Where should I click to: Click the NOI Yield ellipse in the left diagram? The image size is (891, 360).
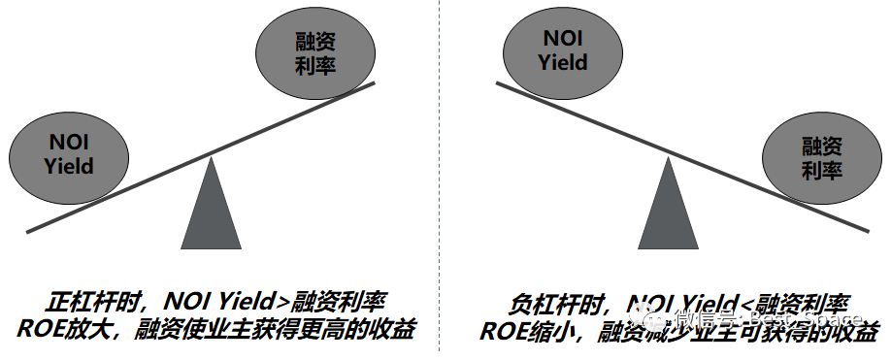point(69,154)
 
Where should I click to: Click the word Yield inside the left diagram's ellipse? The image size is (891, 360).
point(69,166)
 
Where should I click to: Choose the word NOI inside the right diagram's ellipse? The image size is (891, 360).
point(564,39)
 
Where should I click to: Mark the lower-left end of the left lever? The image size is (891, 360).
point(29,231)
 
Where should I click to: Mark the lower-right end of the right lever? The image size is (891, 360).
point(867,230)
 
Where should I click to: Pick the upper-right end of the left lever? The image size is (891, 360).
point(373,84)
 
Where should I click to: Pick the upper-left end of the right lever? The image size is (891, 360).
point(498,84)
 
